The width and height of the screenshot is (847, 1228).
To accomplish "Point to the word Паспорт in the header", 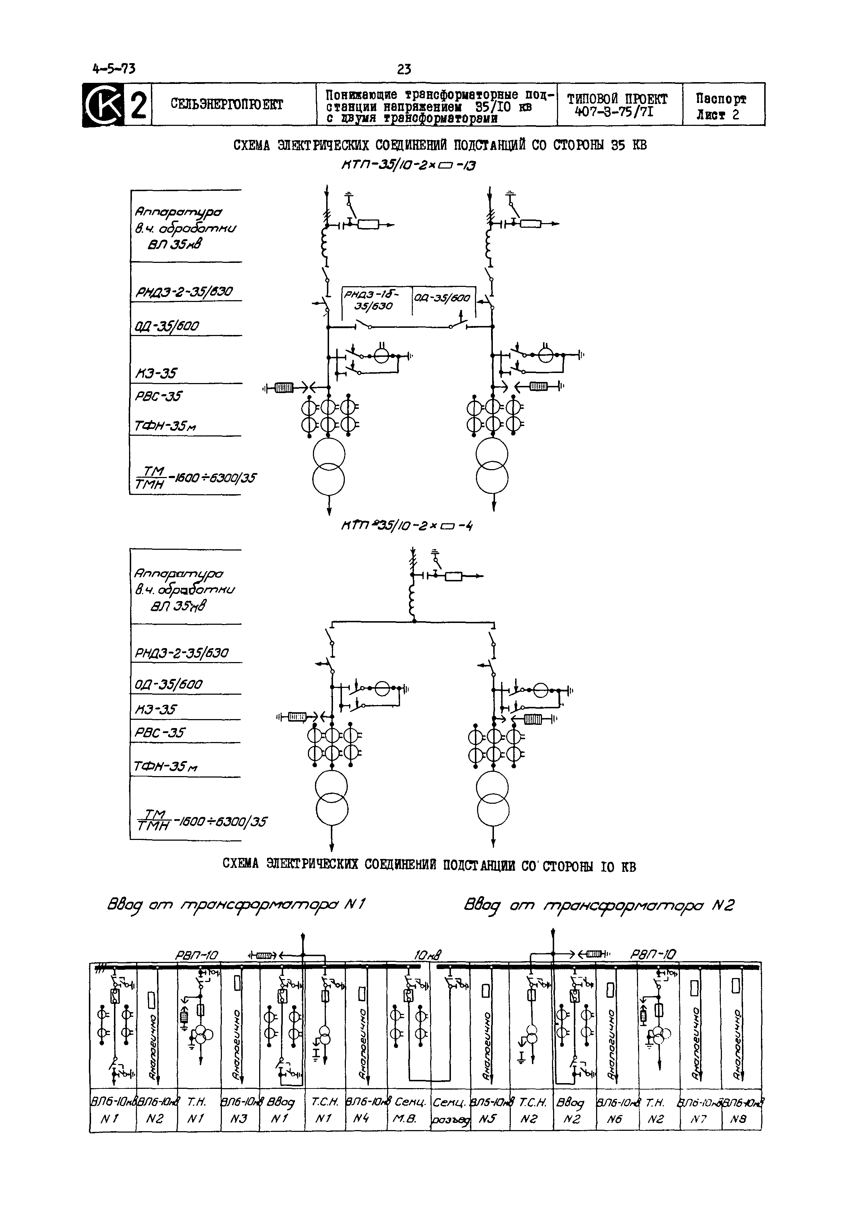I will click(x=721, y=99).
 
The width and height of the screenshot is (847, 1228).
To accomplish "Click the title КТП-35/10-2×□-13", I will click(x=408, y=166).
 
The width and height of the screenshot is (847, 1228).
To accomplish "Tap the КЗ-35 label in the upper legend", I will click(x=156, y=374).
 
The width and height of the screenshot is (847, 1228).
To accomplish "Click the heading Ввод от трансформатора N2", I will click(x=599, y=905).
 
